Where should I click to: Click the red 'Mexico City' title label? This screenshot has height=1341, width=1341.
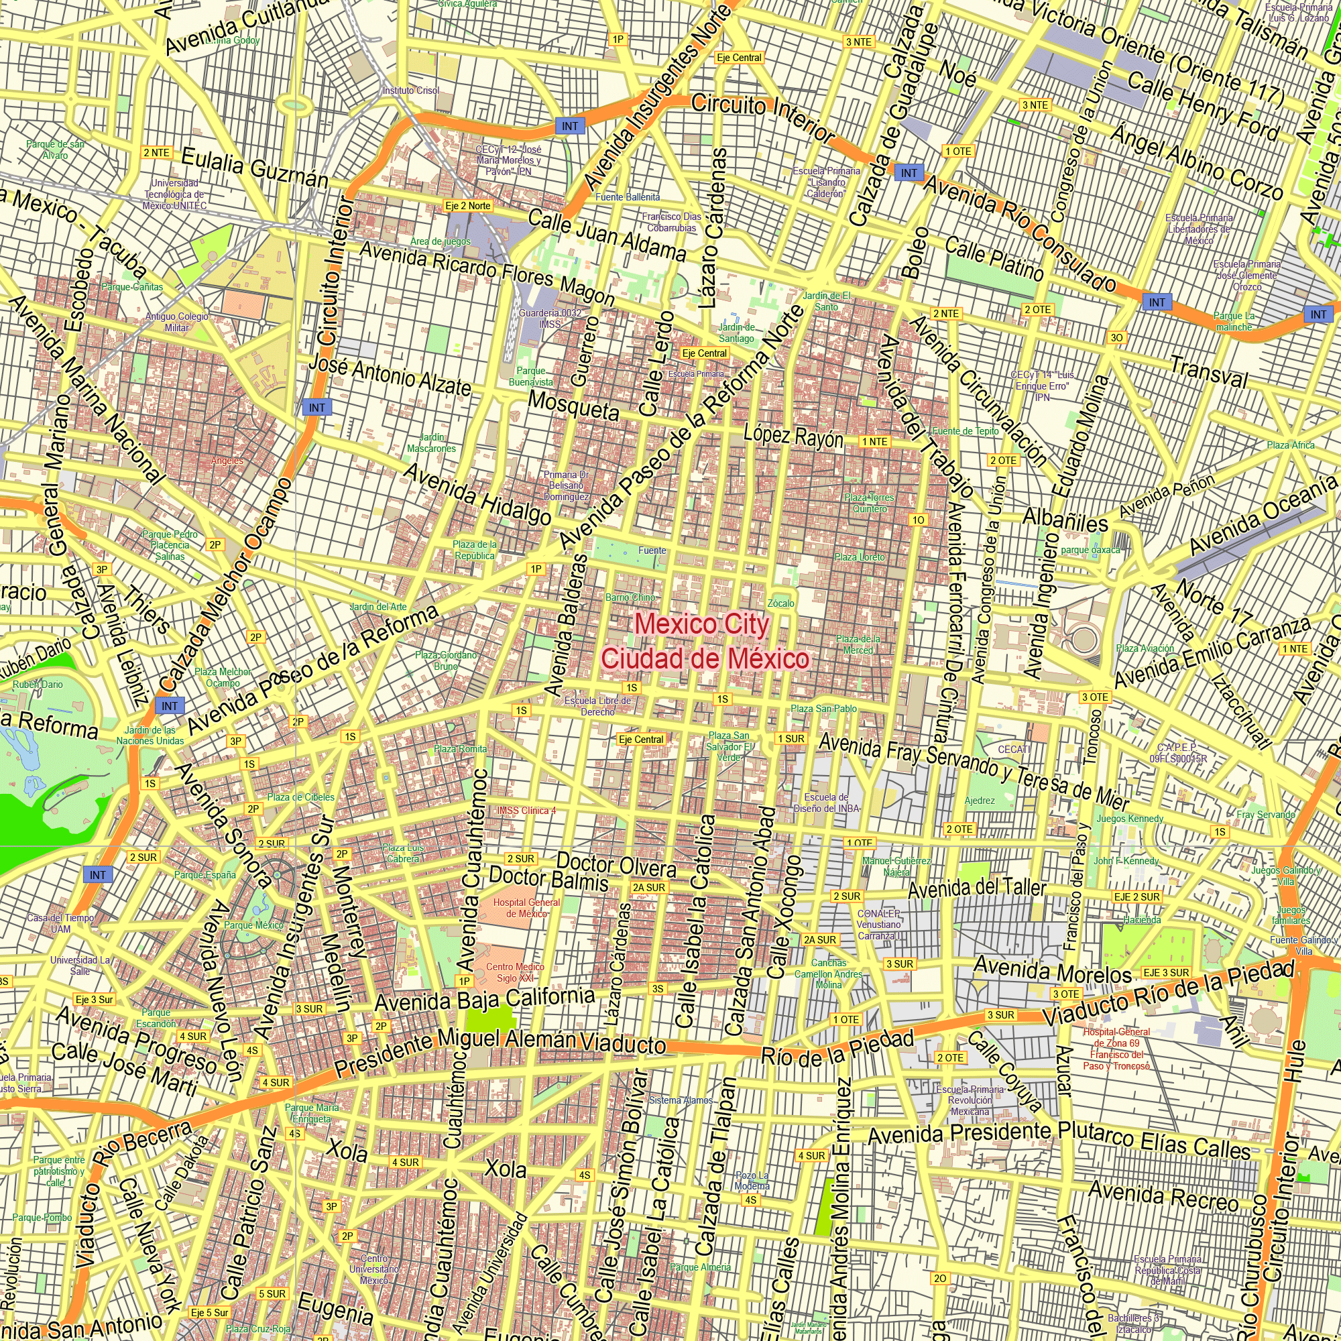702,625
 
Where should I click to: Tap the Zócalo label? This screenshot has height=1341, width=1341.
781,603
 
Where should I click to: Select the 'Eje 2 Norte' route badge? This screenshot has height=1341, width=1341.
469,206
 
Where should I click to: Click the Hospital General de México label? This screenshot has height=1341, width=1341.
526,908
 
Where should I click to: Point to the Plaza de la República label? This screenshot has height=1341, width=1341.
475,550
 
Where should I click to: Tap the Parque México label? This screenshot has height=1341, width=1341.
253,925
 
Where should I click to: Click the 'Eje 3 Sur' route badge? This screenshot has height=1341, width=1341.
94,1000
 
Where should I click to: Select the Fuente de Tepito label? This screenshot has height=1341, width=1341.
965,431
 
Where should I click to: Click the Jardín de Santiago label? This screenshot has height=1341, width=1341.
736,333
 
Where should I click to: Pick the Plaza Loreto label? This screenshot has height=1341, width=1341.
860,557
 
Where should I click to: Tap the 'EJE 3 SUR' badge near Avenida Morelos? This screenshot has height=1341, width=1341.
1166,972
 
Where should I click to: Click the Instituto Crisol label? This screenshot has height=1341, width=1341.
411,91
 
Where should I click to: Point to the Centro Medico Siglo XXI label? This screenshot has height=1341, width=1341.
515,972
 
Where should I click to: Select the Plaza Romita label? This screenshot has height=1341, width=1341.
460,749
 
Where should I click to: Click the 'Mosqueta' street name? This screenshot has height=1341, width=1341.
573,406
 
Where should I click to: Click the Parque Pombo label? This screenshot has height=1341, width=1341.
42,1218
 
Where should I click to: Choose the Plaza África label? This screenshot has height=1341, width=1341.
1290,445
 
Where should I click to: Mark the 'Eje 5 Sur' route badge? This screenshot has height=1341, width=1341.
210,1313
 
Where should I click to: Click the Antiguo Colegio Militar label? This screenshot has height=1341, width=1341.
176,322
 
